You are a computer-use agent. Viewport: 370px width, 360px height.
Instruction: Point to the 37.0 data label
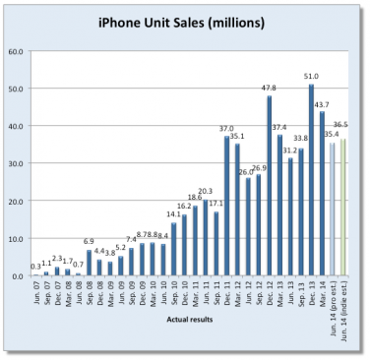click(224, 128)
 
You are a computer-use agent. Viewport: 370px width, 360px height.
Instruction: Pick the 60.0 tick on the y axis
click(17, 51)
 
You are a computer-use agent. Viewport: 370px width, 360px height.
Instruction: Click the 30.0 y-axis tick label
click(17, 164)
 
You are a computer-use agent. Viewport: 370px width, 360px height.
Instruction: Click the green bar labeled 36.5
click(343, 208)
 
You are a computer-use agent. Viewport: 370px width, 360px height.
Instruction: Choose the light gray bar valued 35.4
click(333, 210)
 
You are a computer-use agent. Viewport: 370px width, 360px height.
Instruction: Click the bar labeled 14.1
click(174, 250)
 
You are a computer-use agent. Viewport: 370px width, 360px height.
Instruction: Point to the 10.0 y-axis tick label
click(17, 239)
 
